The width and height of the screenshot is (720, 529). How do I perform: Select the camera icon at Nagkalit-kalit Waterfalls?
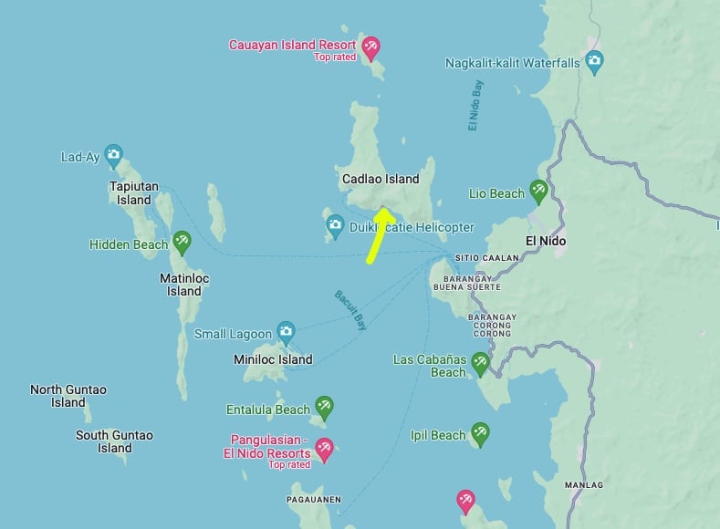595,63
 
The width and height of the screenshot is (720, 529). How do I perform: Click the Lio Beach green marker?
538,192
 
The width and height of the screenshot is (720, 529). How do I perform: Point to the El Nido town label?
546,241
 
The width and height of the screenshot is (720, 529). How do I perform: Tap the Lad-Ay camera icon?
113,155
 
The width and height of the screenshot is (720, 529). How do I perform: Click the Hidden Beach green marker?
182,243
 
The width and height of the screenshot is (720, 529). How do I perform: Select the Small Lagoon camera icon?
286,332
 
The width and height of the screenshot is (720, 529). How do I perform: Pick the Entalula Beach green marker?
324,408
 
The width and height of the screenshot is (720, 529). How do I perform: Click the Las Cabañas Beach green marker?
480,363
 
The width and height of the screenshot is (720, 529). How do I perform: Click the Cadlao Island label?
381,179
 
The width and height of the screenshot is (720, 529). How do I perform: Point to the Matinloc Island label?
183,285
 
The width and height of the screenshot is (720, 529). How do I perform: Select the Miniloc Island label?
274,359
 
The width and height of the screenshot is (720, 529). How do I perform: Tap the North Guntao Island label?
68,396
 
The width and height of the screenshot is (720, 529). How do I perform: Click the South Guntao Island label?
114,441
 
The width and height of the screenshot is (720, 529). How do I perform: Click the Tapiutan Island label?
134,192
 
